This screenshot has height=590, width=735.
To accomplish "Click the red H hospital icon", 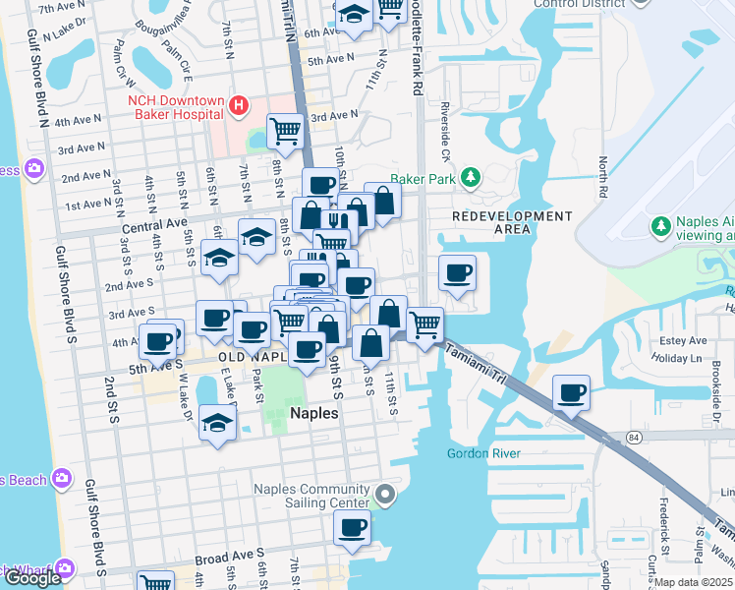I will (x=237, y=104).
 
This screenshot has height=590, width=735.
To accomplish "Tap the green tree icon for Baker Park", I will (x=473, y=177).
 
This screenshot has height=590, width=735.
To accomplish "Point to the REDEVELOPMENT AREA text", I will (x=491, y=222).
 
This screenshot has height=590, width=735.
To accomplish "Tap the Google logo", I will (x=32, y=577).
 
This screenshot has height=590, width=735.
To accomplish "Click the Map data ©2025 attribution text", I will (x=694, y=582).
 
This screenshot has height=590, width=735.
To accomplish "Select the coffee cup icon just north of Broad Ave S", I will (x=351, y=528).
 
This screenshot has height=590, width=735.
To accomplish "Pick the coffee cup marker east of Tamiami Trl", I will (x=571, y=393).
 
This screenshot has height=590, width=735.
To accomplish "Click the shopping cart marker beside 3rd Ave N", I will (x=285, y=130).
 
